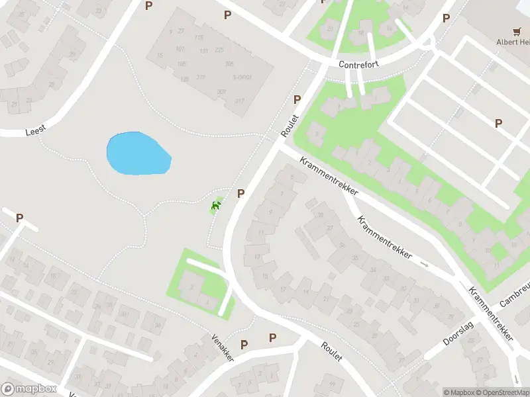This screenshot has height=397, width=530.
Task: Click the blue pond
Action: point(138,155)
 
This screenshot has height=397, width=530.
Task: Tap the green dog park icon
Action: point(215,206)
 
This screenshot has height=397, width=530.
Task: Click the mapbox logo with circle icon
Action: point(28,389)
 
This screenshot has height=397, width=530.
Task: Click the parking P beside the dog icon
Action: point(241,193)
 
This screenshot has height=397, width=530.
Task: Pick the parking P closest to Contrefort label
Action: point(297,99)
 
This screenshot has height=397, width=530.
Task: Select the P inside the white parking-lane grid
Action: point(498,122)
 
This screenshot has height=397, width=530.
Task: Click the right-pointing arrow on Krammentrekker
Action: point(425,265)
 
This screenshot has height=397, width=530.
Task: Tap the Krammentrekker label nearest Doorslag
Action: point(491,314)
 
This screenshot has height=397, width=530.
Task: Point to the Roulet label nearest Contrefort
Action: point(290,125)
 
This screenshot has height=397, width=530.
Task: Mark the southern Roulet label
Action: point(331,351)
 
